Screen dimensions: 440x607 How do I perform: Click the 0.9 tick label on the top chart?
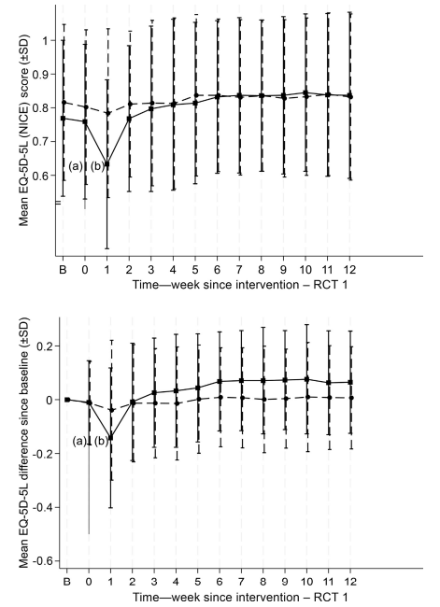tap(43, 74)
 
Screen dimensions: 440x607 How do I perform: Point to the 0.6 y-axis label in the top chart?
tap(43, 176)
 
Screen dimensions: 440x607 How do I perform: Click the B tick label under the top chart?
tap(63, 270)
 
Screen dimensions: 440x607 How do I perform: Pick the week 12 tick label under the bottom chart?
tap(350, 582)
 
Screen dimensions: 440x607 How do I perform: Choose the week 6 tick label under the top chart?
tap(218, 270)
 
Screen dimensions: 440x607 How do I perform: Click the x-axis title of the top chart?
tap(240, 285)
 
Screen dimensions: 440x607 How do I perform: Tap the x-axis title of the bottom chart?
tap(240, 597)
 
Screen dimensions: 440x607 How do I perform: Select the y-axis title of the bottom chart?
tap(24, 443)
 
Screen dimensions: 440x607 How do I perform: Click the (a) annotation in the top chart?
tap(76, 166)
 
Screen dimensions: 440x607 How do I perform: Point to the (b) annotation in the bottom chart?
tap(101, 441)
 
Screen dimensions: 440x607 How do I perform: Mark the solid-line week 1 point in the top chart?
tap(107, 164)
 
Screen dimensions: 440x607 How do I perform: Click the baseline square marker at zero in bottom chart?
tap(67, 400)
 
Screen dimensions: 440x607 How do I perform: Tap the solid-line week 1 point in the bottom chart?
tap(111, 437)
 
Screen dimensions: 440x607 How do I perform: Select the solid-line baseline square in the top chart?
tap(64, 118)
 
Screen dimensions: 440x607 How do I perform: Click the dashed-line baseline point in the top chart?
tap(64, 102)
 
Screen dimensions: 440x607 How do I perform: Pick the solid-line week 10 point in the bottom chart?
tap(306, 379)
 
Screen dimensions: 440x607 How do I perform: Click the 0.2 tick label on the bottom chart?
tap(44, 346)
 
